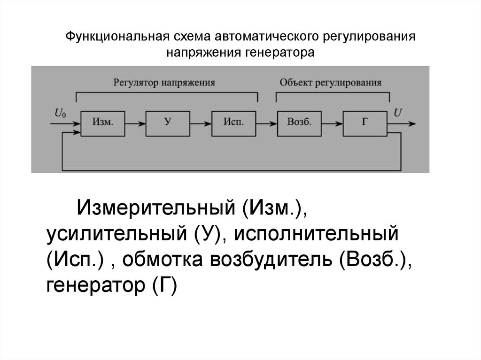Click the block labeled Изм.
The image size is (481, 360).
(x=103, y=123)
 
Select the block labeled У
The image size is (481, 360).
(x=168, y=123)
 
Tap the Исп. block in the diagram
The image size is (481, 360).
(x=233, y=123)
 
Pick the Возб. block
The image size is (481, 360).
(x=299, y=123)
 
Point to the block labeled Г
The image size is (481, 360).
(x=365, y=123)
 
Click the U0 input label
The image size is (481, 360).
(x=61, y=113)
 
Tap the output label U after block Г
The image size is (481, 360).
(x=397, y=113)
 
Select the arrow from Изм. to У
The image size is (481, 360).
(x=135, y=124)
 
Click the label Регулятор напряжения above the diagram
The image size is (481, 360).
(x=164, y=82)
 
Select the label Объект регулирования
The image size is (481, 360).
(x=331, y=82)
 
